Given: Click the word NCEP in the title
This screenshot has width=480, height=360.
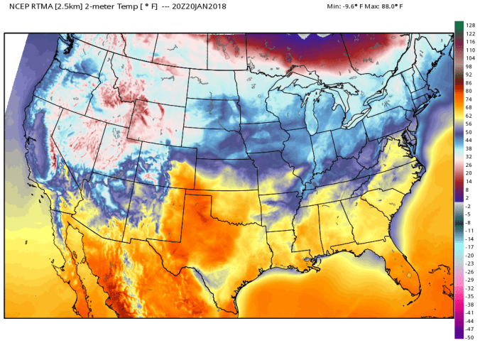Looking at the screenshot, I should [x=19, y=7].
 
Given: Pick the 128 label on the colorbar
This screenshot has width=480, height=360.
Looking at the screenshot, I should [x=469, y=26].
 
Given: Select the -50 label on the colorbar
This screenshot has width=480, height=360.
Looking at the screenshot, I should [x=469, y=337].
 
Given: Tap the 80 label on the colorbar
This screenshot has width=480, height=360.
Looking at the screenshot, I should [x=468, y=91].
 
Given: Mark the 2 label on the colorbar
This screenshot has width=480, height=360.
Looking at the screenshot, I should [x=467, y=198].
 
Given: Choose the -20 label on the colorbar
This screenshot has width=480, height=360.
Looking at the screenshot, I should [x=469, y=255].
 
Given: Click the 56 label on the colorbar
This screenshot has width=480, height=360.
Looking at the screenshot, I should [x=468, y=124].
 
